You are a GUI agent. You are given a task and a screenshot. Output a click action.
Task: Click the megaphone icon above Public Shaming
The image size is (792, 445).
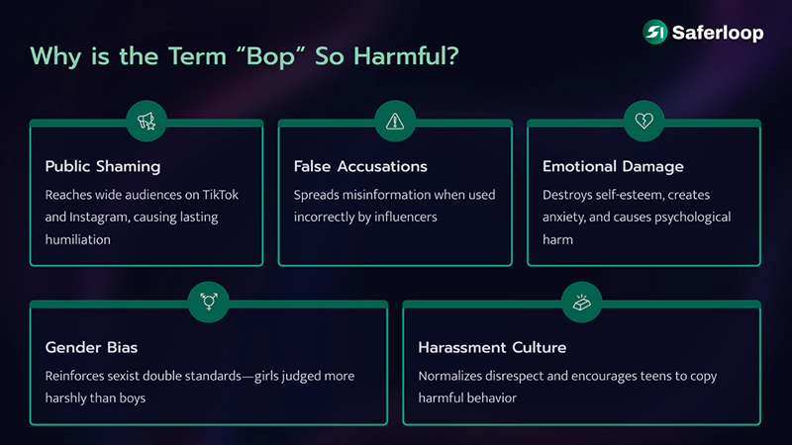pyautogui.click(x=147, y=122)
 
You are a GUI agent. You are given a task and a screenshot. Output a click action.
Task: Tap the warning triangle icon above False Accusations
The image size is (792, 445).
pyautogui.click(x=395, y=122)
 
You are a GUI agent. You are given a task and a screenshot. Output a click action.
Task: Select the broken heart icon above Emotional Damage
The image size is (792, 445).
pyautogui.click(x=643, y=122)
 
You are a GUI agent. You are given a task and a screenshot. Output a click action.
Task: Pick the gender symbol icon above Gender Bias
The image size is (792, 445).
pyautogui.click(x=209, y=303)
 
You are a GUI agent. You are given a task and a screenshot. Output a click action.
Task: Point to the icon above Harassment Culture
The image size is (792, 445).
pyautogui.click(x=581, y=303)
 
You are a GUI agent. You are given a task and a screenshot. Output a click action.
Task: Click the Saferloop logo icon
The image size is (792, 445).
pyautogui.click(x=654, y=32)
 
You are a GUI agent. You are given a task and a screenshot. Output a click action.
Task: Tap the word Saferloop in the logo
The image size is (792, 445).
pyautogui.click(x=718, y=33)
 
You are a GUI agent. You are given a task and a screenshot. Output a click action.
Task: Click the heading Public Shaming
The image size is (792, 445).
pyautogui.click(x=103, y=166)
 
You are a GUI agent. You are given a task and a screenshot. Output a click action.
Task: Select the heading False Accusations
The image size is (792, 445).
pyautogui.click(x=359, y=166)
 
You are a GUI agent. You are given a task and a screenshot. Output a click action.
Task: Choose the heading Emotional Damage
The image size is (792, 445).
pyautogui.click(x=613, y=166)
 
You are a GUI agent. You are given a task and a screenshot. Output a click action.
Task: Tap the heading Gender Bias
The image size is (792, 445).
pyautogui.click(x=90, y=347)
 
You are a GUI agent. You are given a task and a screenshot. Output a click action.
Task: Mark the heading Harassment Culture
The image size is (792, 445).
pyautogui.click(x=491, y=347)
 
